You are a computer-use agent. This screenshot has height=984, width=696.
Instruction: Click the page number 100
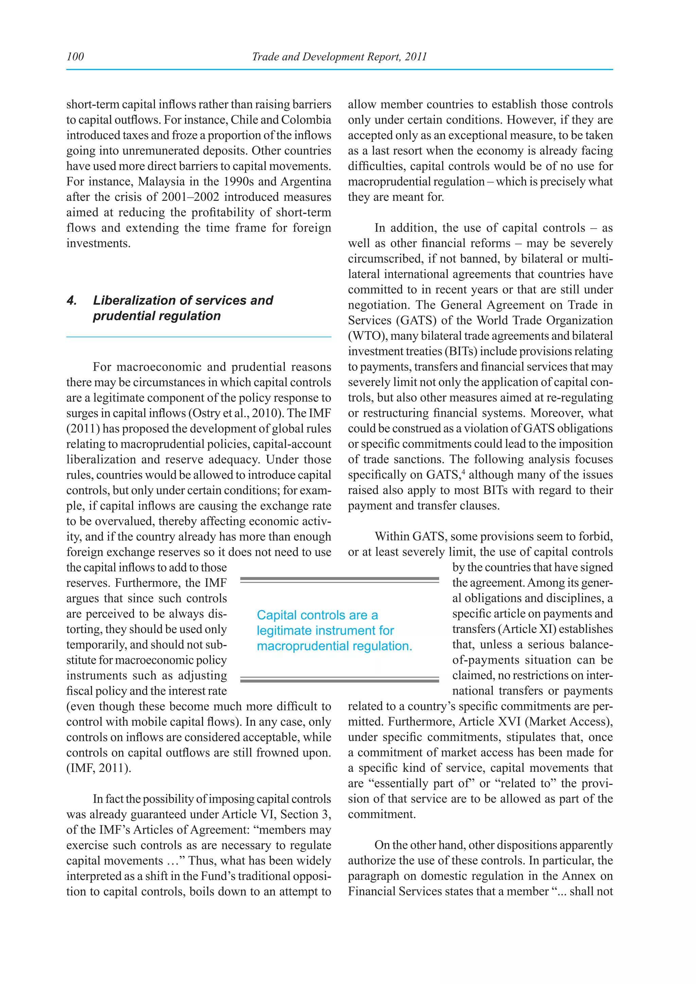(75, 56)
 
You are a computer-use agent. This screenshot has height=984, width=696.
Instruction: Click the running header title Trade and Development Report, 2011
(339, 56)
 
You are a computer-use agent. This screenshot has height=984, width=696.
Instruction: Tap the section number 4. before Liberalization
(72, 300)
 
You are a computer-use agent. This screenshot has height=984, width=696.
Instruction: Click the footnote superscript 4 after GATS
(462, 472)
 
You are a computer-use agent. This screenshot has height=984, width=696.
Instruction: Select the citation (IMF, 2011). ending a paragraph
(99, 768)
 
